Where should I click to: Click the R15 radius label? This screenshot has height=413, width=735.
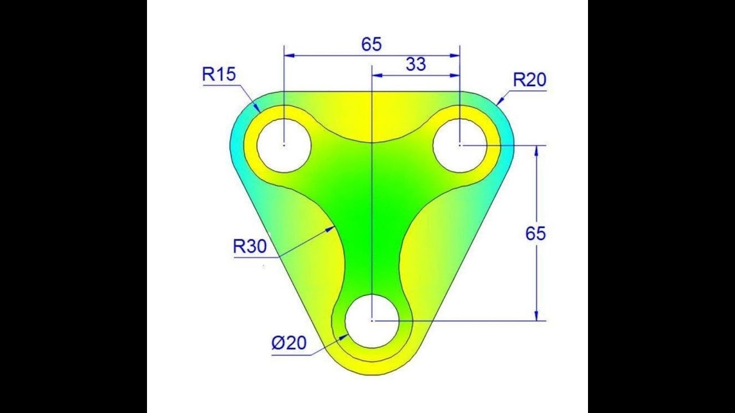[219, 74]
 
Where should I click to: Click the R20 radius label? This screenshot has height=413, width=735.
[529, 80]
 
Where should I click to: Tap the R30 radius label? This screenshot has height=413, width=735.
[250, 246]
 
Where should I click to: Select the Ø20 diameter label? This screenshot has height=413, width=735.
[289, 343]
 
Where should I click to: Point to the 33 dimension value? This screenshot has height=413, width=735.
[416, 64]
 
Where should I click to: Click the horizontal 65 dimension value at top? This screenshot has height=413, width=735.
[372, 44]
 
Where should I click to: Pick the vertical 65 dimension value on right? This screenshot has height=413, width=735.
[536, 233]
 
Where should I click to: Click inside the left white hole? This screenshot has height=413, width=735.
[284, 145]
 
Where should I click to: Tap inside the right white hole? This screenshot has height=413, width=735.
[460, 145]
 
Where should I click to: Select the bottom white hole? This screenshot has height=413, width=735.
[372, 321]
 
